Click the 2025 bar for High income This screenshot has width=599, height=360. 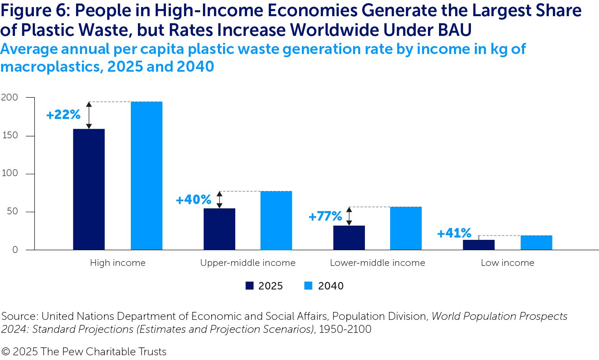click(89, 189)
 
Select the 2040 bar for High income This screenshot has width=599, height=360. click(147, 176)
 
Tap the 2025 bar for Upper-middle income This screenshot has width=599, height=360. click(219, 229)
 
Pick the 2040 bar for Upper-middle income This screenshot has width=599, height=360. click(276, 220)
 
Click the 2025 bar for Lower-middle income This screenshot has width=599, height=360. click(349, 238)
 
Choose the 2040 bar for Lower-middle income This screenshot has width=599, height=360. click(406, 228)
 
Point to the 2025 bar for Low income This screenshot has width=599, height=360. click(478, 245)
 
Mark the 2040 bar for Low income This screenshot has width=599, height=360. click(536, 243)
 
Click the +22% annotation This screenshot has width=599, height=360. click(63, 115)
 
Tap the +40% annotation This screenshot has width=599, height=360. click(193, 200)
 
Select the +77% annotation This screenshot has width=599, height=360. click(325, 216)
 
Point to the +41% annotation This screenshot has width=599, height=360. click(454, 233)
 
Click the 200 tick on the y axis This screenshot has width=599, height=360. click(9, 97)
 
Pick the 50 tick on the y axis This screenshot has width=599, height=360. click(12, 212)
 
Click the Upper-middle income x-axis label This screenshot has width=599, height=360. click(247, 263)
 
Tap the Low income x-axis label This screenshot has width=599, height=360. click(507, 263)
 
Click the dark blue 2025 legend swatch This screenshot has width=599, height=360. click(249, 286)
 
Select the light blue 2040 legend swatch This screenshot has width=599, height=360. click(308, 286)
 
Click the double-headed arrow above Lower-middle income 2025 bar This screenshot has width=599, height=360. click(349, 216)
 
